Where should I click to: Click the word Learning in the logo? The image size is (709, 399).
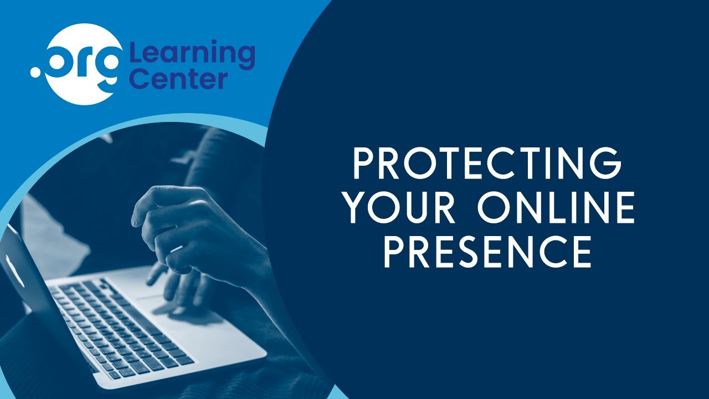pos(192,54)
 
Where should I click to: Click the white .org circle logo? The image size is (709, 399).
pos(83,64)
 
